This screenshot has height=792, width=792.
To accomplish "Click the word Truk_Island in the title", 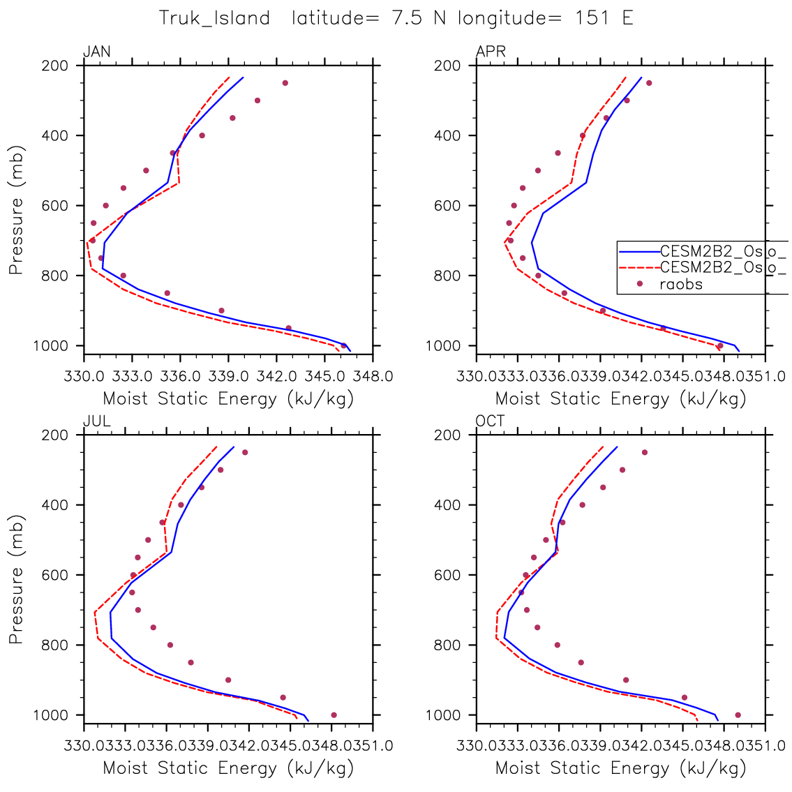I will pos(214,18).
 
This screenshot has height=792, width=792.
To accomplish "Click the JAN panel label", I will pos(97,52).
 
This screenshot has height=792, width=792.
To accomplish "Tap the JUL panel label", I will pos(96,421).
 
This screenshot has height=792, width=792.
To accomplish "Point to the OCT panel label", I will pos(490,421).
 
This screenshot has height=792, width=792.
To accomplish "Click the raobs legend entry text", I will pos(680,284).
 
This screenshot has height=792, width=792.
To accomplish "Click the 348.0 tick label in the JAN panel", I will pos(374,377).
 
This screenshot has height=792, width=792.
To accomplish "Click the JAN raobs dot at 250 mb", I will pos(285,83).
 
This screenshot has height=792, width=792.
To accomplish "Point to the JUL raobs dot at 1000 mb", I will pos(334,715).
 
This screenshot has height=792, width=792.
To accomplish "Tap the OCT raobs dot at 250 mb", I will pos(644,452).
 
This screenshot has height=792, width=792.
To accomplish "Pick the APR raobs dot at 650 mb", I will pos(509,223).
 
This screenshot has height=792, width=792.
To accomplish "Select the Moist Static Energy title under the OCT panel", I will pos(620,768).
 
